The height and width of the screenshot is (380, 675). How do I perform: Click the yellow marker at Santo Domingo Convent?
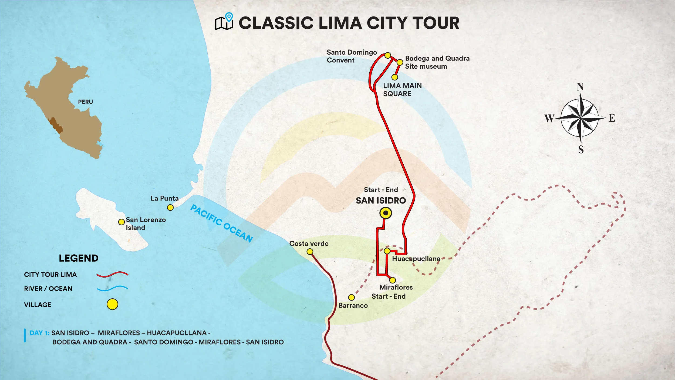coord(387,55)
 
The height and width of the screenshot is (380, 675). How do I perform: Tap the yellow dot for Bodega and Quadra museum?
coord(400,62)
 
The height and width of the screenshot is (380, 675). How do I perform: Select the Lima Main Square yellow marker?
coord(394,77)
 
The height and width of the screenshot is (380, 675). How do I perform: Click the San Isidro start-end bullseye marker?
coord(386,213)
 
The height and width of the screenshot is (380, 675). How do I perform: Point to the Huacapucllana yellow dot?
coord(387,251)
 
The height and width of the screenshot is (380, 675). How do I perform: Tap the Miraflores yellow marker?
coord(393,280)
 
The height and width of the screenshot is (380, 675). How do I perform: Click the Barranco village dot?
coord(351,297)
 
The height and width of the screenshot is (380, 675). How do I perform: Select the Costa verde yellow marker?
coord(310,252)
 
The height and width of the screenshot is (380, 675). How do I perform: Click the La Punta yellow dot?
coord(170,207)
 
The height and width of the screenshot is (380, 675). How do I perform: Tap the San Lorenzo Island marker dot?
coord(122,222)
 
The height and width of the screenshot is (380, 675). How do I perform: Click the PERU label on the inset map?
coord(85,102)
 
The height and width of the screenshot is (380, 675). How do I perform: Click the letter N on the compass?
coord(580,87)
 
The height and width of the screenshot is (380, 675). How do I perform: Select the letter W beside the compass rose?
coord(549,118)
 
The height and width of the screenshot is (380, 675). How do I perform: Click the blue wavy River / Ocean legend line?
coord(112,288)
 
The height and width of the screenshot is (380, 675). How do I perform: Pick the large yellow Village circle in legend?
coord(112,304)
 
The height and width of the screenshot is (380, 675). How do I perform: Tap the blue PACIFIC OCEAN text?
coord(221,223)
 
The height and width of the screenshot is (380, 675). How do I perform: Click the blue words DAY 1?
coord(39,333)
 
